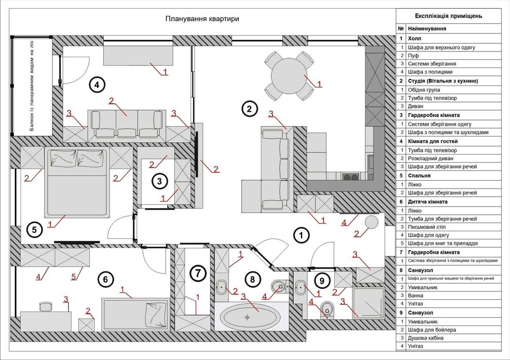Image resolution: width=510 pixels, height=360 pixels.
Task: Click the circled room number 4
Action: pos(97,85)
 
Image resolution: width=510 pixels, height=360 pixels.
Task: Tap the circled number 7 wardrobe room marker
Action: pos(199,273)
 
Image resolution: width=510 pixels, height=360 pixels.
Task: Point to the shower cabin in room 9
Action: pos(368,302)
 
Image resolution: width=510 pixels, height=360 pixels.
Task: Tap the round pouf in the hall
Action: pos(372,222)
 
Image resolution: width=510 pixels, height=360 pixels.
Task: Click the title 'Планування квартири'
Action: pos(202,19)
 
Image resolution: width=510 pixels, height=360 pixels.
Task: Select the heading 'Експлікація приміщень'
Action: pos(449,16)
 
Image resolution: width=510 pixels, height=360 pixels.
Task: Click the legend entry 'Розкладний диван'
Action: pos(431,159)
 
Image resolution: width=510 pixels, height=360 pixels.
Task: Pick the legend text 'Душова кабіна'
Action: pos(426,338)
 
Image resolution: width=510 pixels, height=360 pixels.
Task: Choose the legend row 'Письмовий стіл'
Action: pos(427,227)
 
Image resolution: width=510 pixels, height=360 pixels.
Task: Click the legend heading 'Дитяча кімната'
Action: pos(428,202)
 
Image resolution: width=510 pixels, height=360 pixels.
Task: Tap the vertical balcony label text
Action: pos(31,86)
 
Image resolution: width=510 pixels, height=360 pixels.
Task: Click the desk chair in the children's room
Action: pos(45,306)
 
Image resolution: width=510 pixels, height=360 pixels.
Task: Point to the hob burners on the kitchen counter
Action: pos(350,177)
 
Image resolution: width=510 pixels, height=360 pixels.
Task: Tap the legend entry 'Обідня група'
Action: pos(424,90)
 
